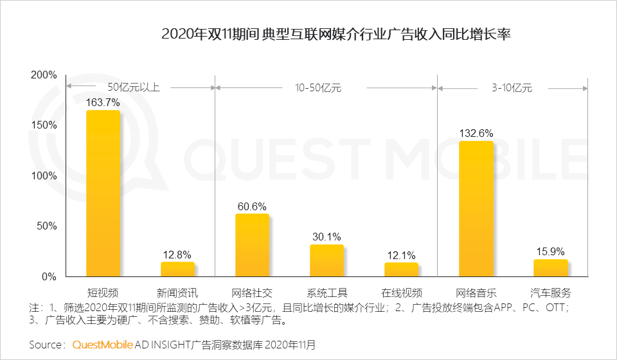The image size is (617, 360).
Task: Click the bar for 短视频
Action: click(x=103, y=194)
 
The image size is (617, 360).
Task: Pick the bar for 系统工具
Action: click(x=326, y=261)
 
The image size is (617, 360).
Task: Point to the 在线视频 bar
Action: click(x=401, y=270)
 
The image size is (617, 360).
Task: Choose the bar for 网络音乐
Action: click(x=476, y=209)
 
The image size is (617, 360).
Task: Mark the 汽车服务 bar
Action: click(x=551, y=268)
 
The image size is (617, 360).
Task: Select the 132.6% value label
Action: click(x=476, y=133)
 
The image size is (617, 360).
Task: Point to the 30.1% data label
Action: click(x=326, y=237)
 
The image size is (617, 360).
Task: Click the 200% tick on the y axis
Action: click(x=44, y=75)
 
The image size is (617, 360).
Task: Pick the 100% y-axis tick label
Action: click(x=44, y=175)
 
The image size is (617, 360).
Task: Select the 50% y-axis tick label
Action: click(x=47, y=226)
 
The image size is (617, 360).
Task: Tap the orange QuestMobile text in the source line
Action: click(x=102, y=345)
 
